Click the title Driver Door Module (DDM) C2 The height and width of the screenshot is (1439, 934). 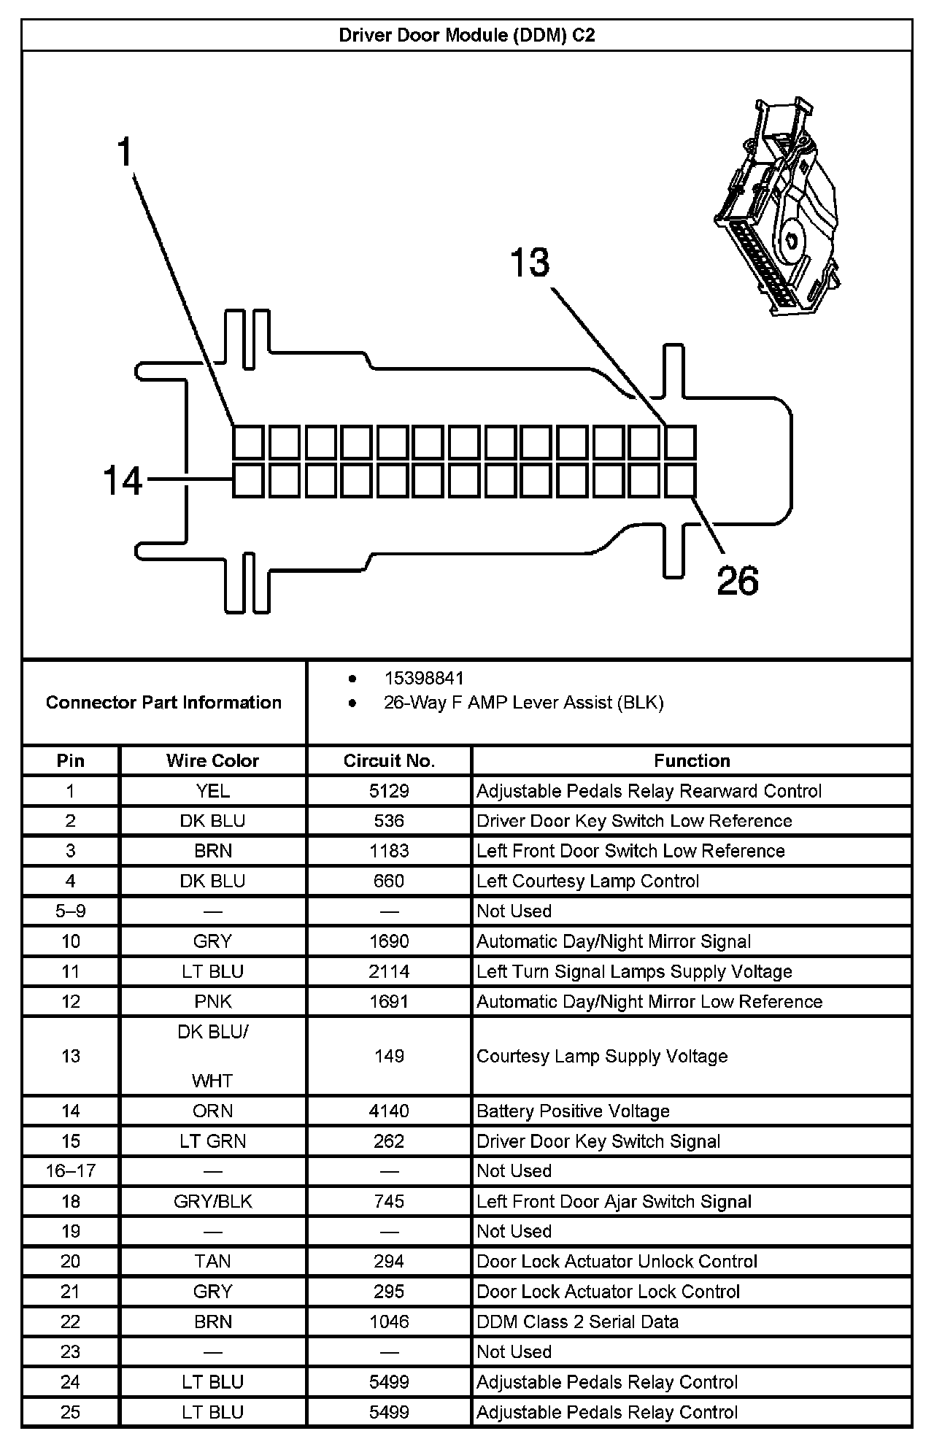coord(466,35)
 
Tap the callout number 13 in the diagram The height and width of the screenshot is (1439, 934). coord(530,263)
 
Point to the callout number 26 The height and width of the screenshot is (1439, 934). coord(737,581)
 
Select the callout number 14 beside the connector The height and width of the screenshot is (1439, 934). coord(123,481)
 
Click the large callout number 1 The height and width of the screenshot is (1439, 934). coord(126,153)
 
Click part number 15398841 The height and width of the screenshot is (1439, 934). coord(423,678)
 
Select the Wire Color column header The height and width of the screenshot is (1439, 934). coord(212,760)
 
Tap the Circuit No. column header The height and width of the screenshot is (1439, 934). coord(389,760)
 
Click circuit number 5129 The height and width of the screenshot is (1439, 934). coord(389,791)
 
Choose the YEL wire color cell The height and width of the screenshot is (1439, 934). coord(212,791)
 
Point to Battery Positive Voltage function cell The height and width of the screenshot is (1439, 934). coord(573,1111)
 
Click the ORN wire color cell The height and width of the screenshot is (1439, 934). coord(212,1111)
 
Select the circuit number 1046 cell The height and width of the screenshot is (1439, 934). coord(389,1322)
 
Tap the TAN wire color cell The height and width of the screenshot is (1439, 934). coord(212,1261)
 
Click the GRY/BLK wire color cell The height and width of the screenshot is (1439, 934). coord(212,1201)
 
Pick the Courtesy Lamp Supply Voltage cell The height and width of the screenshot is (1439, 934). coord(602,1056)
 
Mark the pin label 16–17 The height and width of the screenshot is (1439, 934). coord(70,1170)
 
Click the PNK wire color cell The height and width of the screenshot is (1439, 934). coord(212,1001)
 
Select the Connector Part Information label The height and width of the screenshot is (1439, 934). coord(163,702)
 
